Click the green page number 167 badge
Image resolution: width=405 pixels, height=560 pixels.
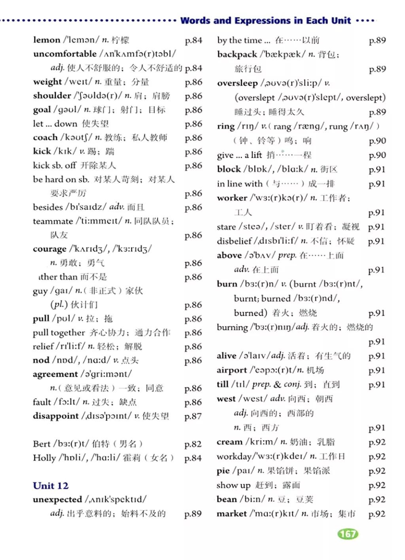pos(348,534)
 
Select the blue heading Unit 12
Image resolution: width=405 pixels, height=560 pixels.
pos(51,486)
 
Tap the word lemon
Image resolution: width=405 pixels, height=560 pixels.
pos(47,40)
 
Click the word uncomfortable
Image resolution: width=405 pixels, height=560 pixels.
pos(65,54)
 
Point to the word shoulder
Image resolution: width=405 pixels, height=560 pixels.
pos(52,96)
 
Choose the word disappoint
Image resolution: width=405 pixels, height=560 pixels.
pos(56,416)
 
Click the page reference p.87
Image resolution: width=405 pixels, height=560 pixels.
pos(193,416)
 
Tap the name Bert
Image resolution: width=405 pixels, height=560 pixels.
pos(42,444)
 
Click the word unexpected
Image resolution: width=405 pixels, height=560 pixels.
pos(57,499)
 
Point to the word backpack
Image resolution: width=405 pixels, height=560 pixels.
pos(237,54)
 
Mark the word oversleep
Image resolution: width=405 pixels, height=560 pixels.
pos(237,83)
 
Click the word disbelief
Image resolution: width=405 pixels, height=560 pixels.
pos(234,241)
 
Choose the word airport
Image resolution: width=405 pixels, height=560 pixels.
pos(232,370)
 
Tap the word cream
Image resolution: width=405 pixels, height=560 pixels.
pos(229,442)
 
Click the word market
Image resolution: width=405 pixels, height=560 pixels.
pos(232,514)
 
